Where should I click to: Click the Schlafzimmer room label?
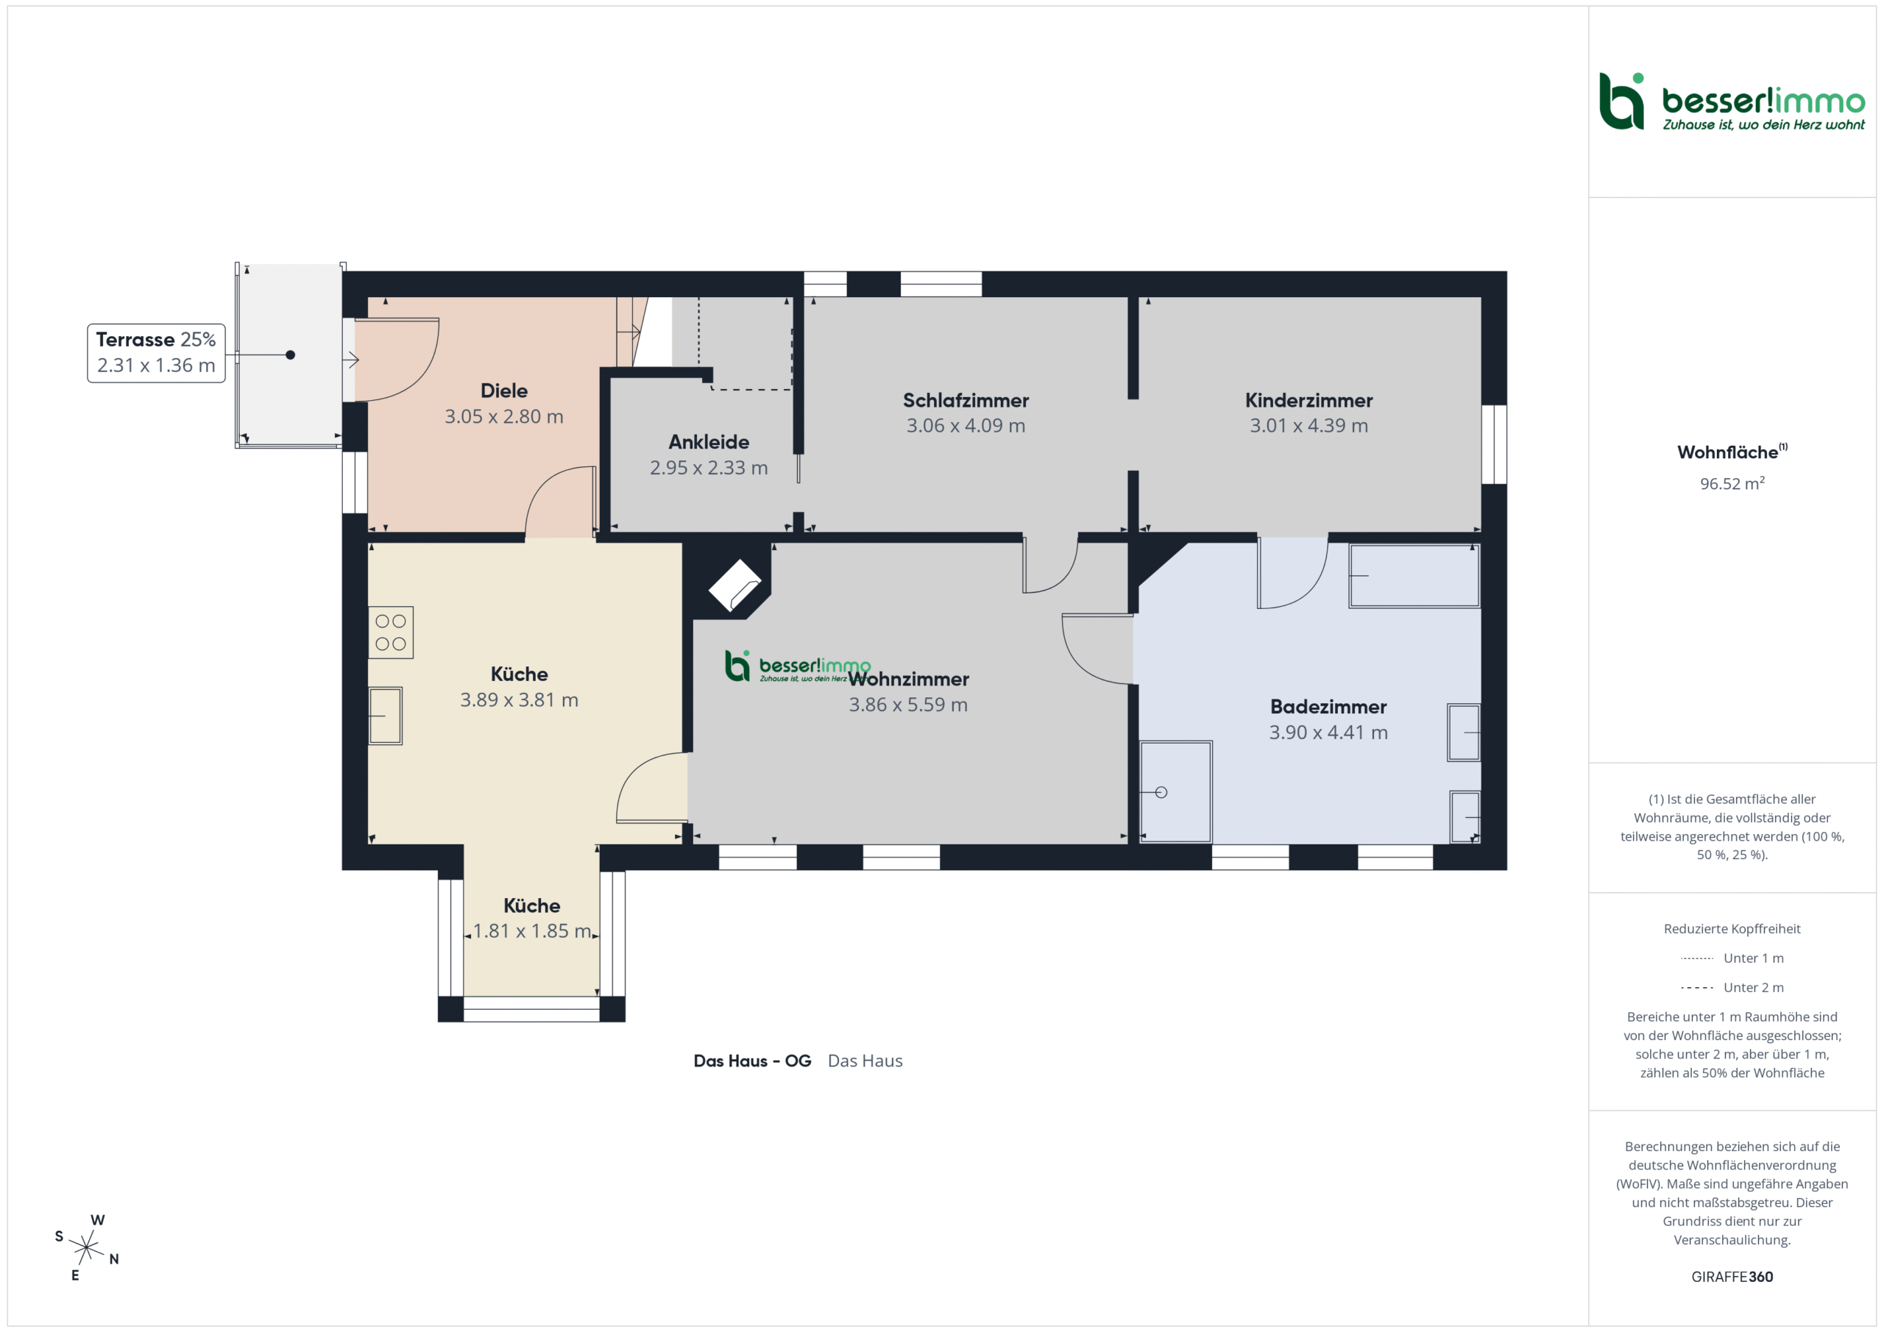[x=966, y=400]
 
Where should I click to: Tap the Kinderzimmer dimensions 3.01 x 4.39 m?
[x=1308, y=426]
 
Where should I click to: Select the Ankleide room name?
[x=709, y=442]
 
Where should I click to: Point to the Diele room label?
[x=504, y=391]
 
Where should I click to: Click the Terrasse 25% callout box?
[x=156, y=353]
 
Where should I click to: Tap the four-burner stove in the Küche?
[x=391, y=633]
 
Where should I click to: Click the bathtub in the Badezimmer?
[x=1414, y=576]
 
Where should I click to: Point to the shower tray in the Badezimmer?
[x=1176, y=791]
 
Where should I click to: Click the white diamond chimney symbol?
[x=735, y=585]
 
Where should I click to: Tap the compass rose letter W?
[x=98, y=1220]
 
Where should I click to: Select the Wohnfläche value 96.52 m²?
[x=1732, y=484]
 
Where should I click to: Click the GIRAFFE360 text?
[x=1732, y=1277]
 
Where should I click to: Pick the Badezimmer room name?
[x=1328, y=707]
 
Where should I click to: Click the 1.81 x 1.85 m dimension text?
[x=532, y=931]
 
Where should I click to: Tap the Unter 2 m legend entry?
[x=1732, y=988]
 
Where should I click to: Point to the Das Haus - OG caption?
[x=752, y=1061]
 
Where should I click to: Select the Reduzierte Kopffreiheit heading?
[x=1732, y=928]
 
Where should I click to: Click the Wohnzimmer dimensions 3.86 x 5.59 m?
[x=908, y=705]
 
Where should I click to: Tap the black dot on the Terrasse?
[x=291, y=355]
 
